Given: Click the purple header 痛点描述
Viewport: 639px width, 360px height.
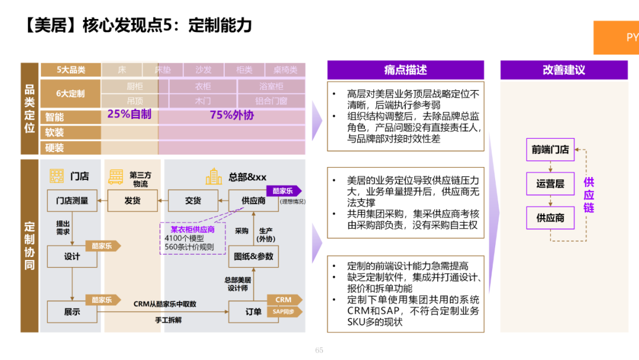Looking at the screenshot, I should click(405, 70).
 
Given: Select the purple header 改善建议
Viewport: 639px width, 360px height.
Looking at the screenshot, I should click(563, 70).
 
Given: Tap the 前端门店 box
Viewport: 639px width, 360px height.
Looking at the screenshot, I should click(550, 150).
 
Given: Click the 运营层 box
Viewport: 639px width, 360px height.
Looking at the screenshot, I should click(550, 184).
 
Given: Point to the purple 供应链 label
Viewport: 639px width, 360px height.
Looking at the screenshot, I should click(589, 195).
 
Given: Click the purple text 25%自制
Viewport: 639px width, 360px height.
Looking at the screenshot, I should click(129, 114).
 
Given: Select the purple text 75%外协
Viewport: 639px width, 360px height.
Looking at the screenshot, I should click(232, 115).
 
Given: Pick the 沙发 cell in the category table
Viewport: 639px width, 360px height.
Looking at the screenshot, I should click(204, 70).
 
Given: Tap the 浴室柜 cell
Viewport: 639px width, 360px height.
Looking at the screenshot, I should click(271, 86).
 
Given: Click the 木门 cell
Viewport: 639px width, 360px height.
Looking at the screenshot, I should click(203, 101).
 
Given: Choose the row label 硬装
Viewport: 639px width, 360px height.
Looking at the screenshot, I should click(54, 147).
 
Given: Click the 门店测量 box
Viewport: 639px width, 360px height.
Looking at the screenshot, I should click(72, 201).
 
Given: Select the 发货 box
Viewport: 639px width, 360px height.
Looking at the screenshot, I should click(132, 201).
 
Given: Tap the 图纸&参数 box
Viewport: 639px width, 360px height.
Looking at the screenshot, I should click(253, 256).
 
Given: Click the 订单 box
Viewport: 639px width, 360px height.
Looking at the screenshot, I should click(253, 311).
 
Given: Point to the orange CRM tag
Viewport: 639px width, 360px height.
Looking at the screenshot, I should click(283, 300).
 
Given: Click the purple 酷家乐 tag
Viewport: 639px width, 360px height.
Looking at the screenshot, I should click(283, 191).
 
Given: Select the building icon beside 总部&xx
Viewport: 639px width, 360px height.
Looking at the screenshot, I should click(214, 176).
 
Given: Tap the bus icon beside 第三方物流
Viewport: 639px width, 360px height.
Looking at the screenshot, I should click(115, 176).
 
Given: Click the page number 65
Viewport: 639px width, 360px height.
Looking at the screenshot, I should click(319, 350).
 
